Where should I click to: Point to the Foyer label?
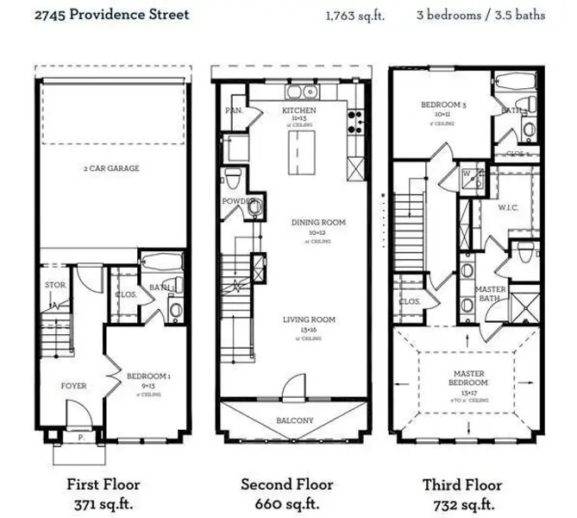click(72, 385)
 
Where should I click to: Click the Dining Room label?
click(317, 223)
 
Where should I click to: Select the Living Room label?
click(309, 320)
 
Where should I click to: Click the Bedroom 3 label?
click(443, 104)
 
